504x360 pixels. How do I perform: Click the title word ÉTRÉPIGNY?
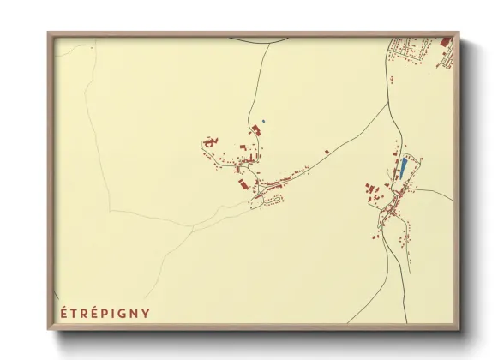105,313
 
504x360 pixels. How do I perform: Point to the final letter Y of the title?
146,313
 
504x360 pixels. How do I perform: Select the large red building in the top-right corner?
445,41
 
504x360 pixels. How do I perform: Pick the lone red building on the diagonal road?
327,152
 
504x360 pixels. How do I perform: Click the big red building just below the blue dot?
255,129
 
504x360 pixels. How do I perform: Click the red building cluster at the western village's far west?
208,141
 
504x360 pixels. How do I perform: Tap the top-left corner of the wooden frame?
49,33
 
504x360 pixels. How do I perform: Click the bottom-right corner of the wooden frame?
459,330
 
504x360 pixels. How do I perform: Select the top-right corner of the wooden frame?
459,33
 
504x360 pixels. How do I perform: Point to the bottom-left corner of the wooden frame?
49,330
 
